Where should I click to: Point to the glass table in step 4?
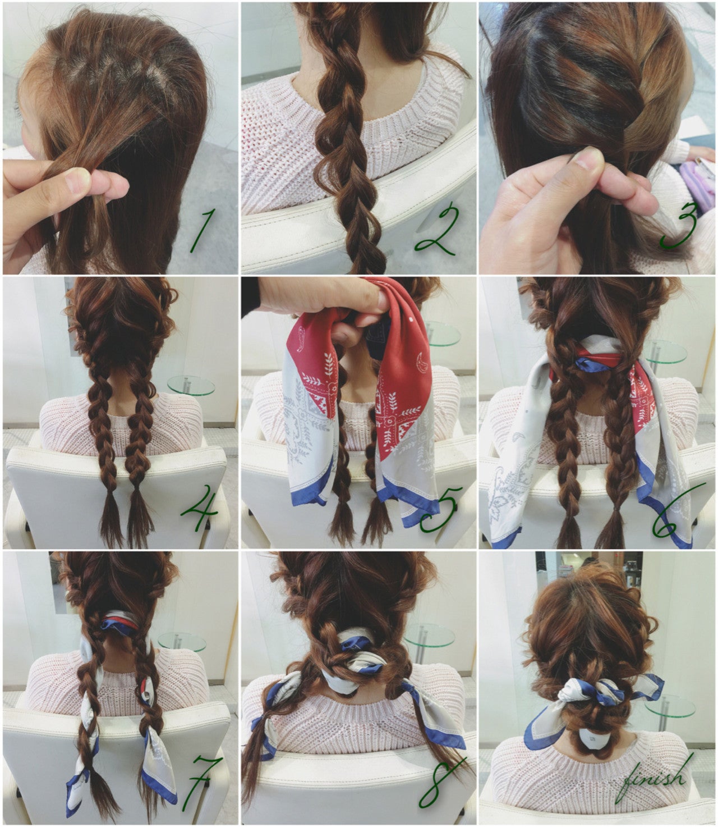click(x=191, y=386)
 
